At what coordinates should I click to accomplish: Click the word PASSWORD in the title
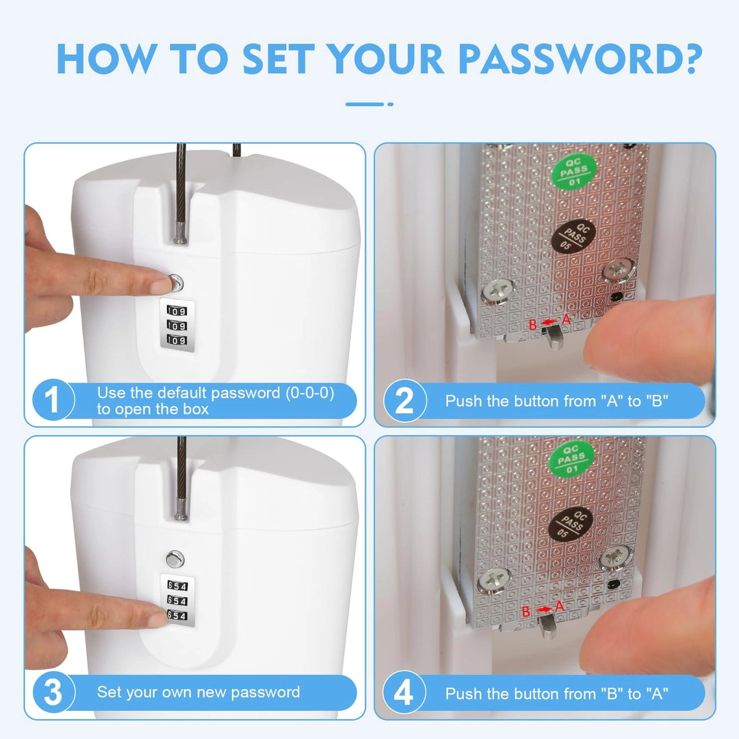pyautogui.click(x=580, y=60)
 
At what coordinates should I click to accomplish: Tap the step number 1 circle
pyautogui.click(x=53, y=400)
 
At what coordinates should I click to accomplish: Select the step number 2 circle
pyautogui.click(x=404, y=400)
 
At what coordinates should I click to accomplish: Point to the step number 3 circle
pyautogui.click(x=53, y=692)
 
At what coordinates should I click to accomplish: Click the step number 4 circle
pyautogui.click(x=404, y=692)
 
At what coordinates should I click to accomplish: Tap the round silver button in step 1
pyautogui.click(x=175, y=283)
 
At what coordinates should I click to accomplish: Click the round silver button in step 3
pyautogui.click(x=175, y=560)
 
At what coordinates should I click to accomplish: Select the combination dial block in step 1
pyautogui.click(x=177, y=325)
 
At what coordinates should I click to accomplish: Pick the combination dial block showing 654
pyautogui.click(x=177, y=601)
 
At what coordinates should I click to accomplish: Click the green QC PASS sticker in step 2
pyautogui.click(x=574, y=170)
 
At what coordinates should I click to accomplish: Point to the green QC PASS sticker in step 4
pyautogui.click(x=571, y=458)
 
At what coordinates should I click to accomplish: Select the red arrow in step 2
pyautogui.click(x=549, y=322)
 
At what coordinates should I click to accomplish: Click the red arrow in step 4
pyautogui.click(x=544, y=610)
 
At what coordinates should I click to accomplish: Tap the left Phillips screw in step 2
pyautogui.click(x=497, y=291)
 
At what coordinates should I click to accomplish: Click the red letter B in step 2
pyautogui.click(x=532, y=325)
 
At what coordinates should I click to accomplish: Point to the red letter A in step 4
pyautogui.click(x=560, y=606)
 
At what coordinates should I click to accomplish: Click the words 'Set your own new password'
pyautogui.click(x=198, y=692)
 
